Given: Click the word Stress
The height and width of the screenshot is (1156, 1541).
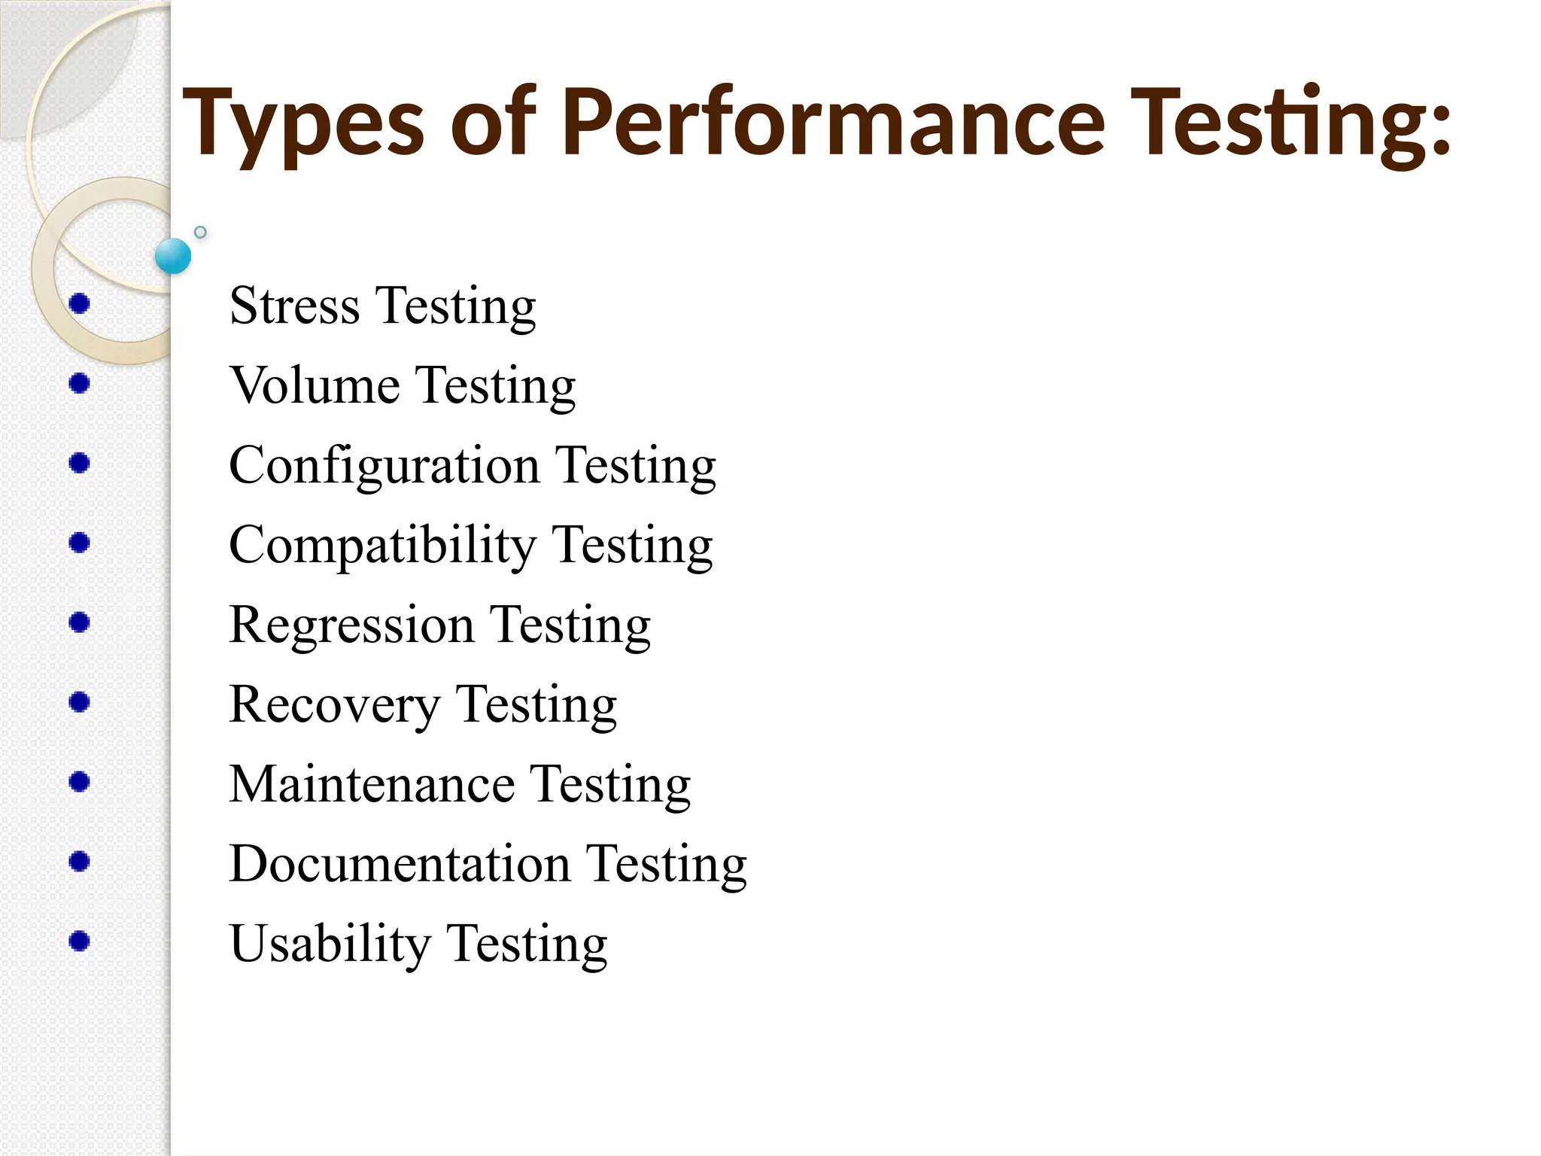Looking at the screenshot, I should pyautogui.click(x=294, y=306).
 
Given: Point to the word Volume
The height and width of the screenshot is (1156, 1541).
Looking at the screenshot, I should pyautogui.click(x=315, y=385).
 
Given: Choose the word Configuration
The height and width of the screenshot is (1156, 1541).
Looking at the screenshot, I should pyautogui.click(x=384, y=467).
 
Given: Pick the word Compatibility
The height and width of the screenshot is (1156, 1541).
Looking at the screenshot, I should pyautogui.click(x=382, y=546).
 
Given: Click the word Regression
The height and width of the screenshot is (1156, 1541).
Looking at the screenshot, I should pyautogui.click(x=351, y=625).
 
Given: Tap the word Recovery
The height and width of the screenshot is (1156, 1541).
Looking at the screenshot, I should pyautogui.click(x=334, y=705).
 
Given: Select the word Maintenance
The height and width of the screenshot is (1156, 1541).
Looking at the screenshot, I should pyautogui.click(x=372, y=784).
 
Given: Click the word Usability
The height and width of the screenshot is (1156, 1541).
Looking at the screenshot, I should pyautogui.click(x=330, y=944).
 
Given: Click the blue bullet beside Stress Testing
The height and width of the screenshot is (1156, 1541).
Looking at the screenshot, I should pyautogui.click(x=79, y=303).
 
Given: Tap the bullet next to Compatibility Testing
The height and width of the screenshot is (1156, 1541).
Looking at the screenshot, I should pyautogui.click(x=79, y=543).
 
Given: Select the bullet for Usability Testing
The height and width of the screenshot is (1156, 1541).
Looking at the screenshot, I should pyautogui.click(x=79, y=941).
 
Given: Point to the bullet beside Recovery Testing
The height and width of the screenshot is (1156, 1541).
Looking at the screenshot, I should pyautogui.click(x=79, y=702).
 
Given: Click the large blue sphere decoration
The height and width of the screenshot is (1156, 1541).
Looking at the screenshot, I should pyautogui.click(x=173, y=256).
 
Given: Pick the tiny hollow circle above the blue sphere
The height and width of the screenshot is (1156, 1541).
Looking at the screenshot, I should pyautogui.click(x=200, y=232).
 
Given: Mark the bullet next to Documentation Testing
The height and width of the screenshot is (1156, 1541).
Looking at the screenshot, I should pyautogui.click(x=79, y=861).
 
